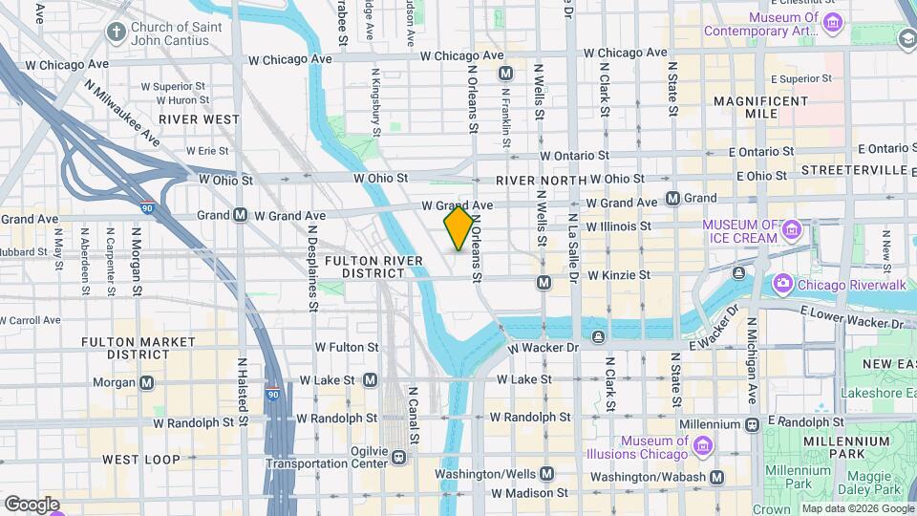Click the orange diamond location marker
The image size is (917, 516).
pyautogui.click(x=458, y=228)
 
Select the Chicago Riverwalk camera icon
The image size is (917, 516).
pyautogui.click(x=783, y=283)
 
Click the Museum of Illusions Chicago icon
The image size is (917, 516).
pyautogui.click(x=703, y=446)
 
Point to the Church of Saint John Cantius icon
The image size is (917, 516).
pyautogui.click(x=117, y=32)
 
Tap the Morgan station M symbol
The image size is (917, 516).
pyautogui.click(x=146, y=382)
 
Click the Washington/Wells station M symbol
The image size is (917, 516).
pyautogui.click(x=547, y=473)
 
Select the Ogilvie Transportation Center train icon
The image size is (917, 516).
pyautogui.click(x=397, y=459)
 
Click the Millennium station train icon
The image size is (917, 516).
pyautogui.click(x=753, y=423)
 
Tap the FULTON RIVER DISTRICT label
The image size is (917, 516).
pyautogui.click(x=366, y=267)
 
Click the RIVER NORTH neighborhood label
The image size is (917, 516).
pyautogui.click(x=541, y=180)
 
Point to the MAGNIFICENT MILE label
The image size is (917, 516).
pyautogui.click(x=760, y=107)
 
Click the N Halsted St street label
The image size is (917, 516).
pyautogui.click(x=243, y=392)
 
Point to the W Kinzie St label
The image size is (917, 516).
pyautogui.click(x=618, y=275)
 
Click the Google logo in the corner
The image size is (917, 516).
pyautogui.click(x=31, y=504)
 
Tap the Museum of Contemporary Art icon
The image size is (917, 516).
pyautogui.click(x=833, y=23)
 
